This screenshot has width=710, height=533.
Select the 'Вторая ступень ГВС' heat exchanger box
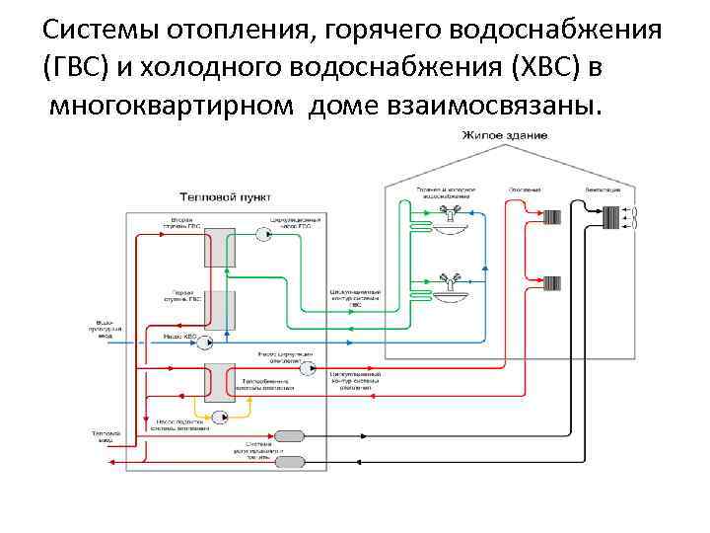point(219,247)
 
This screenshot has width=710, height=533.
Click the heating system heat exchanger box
point(219,380)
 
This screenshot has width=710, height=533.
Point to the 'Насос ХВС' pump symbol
point(207,342)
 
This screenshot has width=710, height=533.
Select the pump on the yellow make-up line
point(218,419)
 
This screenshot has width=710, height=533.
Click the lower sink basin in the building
point(454,293)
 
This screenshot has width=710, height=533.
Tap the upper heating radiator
point(551,216)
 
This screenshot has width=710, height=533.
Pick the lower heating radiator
point(551,283)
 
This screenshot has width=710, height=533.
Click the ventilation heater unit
point(612,216)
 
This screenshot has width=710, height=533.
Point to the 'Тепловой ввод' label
point(105,435)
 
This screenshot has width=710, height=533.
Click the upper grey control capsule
point(290,436)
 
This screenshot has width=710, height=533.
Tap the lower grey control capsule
point(290,461)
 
